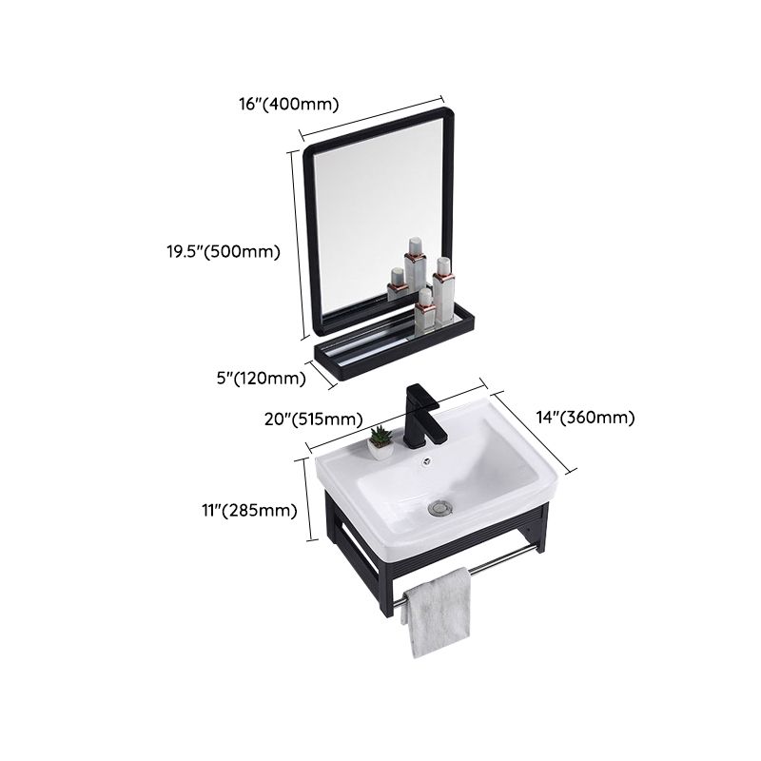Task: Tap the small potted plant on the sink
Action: point(380,438)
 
